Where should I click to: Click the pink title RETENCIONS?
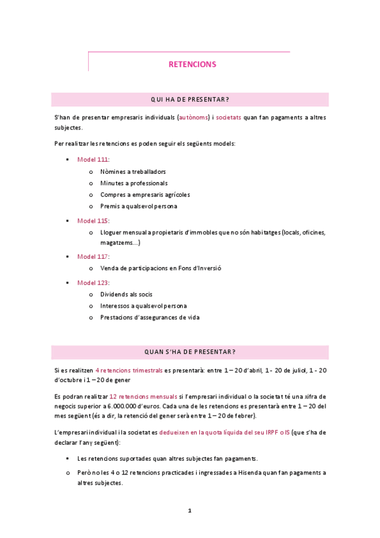pyautogui.click(x=192, y=64)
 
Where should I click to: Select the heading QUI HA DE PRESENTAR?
pyautogui.click(x=190, y=100)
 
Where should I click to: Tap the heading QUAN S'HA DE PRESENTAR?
pyautogui.click(x=190, y=352)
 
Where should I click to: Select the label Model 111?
pyautogui.click(x=93, y=159)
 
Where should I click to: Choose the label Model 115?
pyautogui.click(x=93, y=221)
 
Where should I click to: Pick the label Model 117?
pyautogui.click(x=93, y=256)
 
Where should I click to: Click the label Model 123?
pyautogui.click(x=93, y=282)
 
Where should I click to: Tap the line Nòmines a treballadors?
pyautogui.click(x=133, y=171)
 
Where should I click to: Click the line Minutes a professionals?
pyautogui.click(x=134, y=183)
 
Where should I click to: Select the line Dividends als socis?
pyautogui.click(x=126, y=294)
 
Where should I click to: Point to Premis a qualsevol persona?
pyautogui.click(x=138, y=206)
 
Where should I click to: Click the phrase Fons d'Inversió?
pyautogui.click(x=200, y=268)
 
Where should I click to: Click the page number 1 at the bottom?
pyautogui.click(x=190, y=510)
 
